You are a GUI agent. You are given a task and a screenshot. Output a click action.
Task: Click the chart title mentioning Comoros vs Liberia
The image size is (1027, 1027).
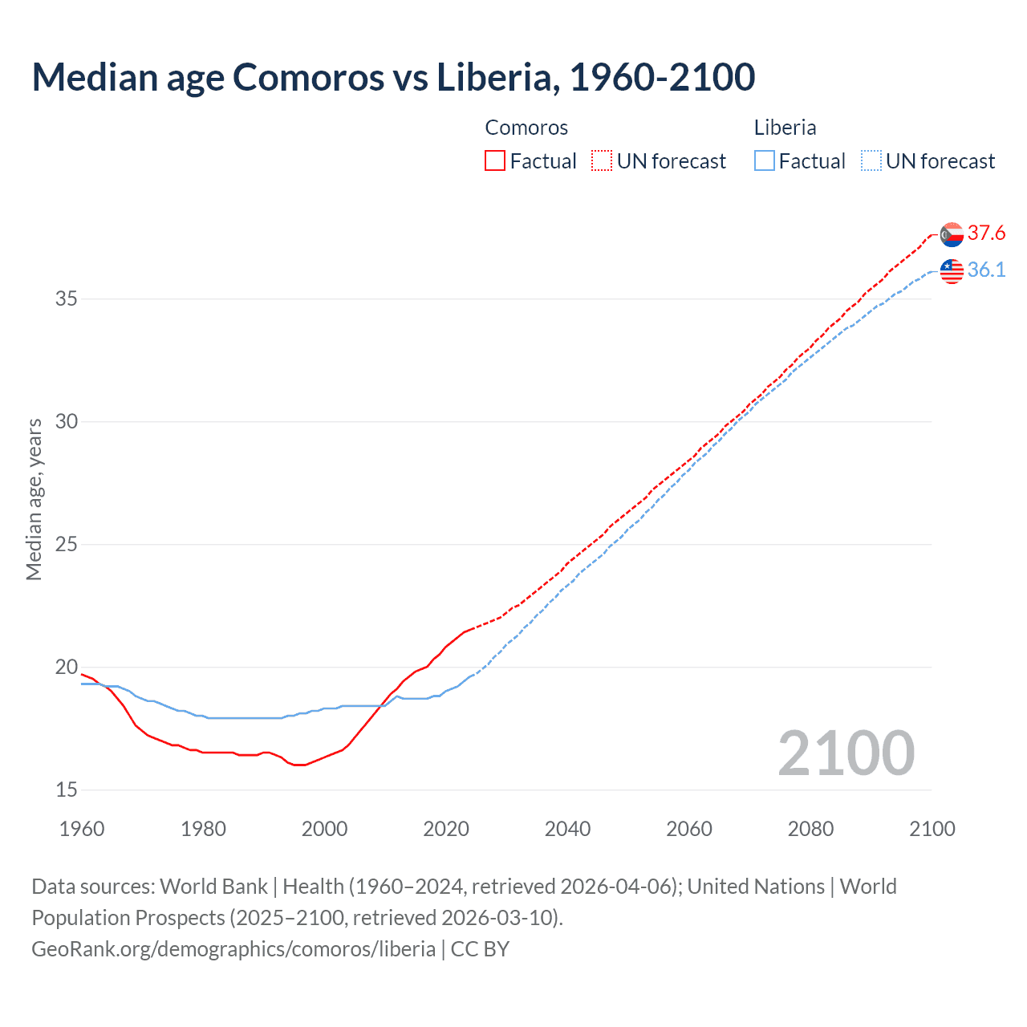393,77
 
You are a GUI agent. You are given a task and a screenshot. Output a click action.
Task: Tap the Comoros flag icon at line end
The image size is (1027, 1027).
952,234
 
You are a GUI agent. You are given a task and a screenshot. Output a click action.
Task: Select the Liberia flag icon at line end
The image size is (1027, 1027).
952,271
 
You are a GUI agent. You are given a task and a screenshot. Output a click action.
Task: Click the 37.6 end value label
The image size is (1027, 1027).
986,233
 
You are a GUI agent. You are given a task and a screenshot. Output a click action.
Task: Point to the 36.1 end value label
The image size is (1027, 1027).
986,270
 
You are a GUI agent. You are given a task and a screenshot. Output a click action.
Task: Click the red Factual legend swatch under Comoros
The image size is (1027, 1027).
495,161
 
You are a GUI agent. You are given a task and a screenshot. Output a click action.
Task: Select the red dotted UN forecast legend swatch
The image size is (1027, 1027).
602,161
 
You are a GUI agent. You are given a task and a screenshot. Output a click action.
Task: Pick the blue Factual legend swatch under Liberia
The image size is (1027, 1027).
765,161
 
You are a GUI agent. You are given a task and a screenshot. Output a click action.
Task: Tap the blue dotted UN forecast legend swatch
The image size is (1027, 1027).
871,161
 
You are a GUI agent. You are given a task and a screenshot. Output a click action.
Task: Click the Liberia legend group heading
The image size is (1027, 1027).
785,128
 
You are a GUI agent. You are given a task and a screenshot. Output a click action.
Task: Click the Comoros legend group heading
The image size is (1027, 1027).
526,128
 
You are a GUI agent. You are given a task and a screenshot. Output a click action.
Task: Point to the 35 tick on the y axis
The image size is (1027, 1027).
67,299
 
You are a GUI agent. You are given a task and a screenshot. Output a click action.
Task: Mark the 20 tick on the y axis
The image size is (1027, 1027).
67,668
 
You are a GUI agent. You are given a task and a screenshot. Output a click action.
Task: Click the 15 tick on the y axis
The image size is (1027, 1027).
67,790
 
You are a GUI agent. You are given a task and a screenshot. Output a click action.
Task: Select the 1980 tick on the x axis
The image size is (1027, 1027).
203,829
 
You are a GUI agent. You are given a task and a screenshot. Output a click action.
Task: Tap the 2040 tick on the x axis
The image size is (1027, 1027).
567,829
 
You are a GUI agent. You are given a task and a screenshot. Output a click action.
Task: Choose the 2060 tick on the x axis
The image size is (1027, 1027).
689,829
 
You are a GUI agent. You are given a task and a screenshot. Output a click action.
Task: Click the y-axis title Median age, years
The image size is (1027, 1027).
34,499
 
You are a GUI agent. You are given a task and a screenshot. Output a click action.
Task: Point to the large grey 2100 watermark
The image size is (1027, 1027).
846,753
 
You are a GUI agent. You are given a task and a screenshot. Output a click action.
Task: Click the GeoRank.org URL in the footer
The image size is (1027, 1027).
233,949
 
